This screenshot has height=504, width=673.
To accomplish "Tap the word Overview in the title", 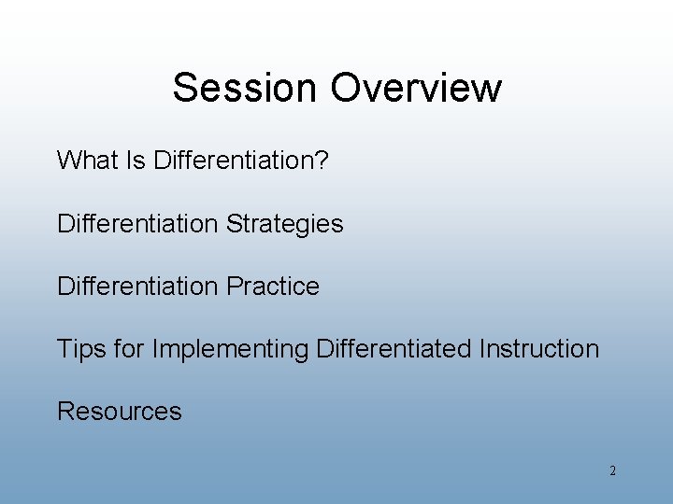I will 416,88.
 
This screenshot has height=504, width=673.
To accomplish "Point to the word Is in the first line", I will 136,161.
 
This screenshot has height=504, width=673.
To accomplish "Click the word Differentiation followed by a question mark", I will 234,161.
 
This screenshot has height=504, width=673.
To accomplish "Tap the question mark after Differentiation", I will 322,161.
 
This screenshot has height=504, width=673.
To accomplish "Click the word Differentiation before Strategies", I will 136,224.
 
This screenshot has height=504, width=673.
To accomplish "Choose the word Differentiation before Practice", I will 136,287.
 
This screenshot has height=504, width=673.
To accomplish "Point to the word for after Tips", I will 129,349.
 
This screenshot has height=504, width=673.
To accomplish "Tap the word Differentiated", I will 394,349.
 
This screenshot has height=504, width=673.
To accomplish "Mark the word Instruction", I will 539,349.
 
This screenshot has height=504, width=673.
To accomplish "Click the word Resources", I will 120,412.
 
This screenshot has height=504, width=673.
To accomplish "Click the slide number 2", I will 612,471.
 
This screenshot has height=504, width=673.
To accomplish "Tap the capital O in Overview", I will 347,88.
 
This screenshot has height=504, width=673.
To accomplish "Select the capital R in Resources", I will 65,412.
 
